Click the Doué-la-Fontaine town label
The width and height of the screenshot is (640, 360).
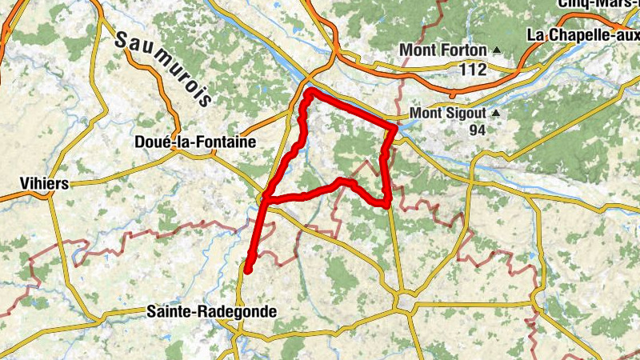(x=196, y=142)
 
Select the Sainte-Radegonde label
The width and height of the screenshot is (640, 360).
(x=211, y=312)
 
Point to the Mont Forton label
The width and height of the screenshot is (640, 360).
(x=442, y=50)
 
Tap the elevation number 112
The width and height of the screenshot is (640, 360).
(x=473, y=70)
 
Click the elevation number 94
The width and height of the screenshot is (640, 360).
(x=478, y=130)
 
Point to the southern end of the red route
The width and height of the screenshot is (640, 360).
(x=248, y=270)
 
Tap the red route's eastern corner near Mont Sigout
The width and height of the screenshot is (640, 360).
(x=395, y=127)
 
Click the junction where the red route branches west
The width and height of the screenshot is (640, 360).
(x=265, y=198)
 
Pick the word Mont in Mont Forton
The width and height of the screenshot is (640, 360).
(x=417, y=50)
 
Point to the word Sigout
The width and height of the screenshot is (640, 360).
(x=462, y=113)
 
